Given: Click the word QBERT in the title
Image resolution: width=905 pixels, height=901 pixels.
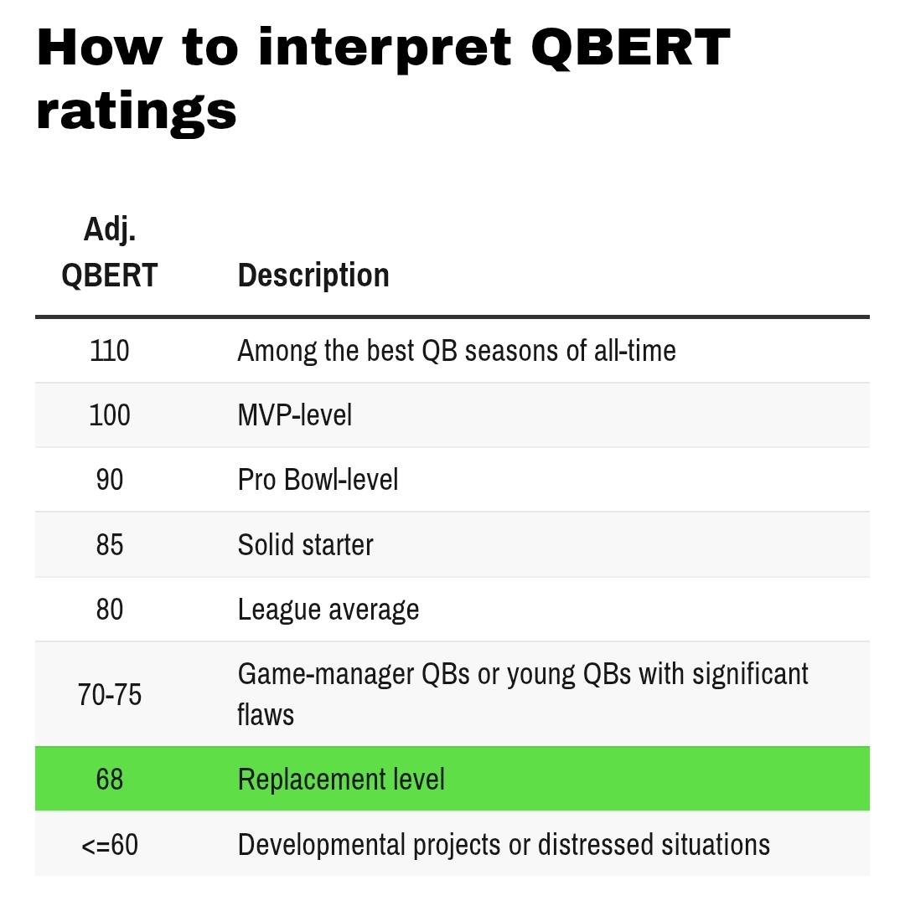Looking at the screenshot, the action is click(630, 49).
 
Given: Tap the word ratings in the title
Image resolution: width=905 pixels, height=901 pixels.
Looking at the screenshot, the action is click(137, 112).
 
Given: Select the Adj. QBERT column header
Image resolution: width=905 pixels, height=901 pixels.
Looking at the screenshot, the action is click(110, 252).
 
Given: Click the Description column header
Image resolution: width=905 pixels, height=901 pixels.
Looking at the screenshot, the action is click(313, 275).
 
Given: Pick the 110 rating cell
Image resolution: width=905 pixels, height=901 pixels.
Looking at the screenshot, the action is click(110, 351).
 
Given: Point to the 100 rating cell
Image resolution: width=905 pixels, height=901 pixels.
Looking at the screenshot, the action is click(110, 415).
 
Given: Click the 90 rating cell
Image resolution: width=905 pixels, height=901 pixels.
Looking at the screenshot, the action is click(110, 480).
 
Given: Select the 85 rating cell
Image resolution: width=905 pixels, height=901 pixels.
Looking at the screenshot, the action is click(110, 545).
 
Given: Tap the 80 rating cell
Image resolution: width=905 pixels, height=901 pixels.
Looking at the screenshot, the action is click(110, 610).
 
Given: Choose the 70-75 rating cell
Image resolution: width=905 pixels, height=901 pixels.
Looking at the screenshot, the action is click(110, 694).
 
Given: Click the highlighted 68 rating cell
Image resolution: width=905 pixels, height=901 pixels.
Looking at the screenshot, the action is click(110, 780).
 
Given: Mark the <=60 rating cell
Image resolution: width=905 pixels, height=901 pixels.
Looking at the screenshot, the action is click(110, 845).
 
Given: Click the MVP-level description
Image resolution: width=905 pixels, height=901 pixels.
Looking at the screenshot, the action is click(295, 415).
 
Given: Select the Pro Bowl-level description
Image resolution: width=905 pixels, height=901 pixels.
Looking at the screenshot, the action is click(318, 480).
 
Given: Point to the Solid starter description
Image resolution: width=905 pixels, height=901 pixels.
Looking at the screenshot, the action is click(306, 545).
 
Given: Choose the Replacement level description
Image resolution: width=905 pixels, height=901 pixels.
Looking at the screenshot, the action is click(341, 780).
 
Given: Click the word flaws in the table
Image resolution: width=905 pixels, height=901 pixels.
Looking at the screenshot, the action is click(266, 714).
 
